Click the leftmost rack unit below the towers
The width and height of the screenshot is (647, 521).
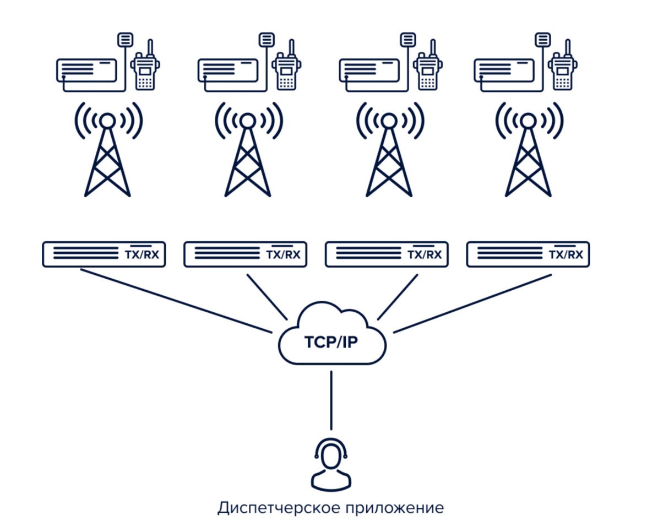[104, 254]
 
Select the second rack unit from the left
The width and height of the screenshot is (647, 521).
[244, 254]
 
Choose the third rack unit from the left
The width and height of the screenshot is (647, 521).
[385, 254]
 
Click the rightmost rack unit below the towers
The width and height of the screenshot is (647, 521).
[528, 254]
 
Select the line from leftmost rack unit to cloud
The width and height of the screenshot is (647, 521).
[176, 301]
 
